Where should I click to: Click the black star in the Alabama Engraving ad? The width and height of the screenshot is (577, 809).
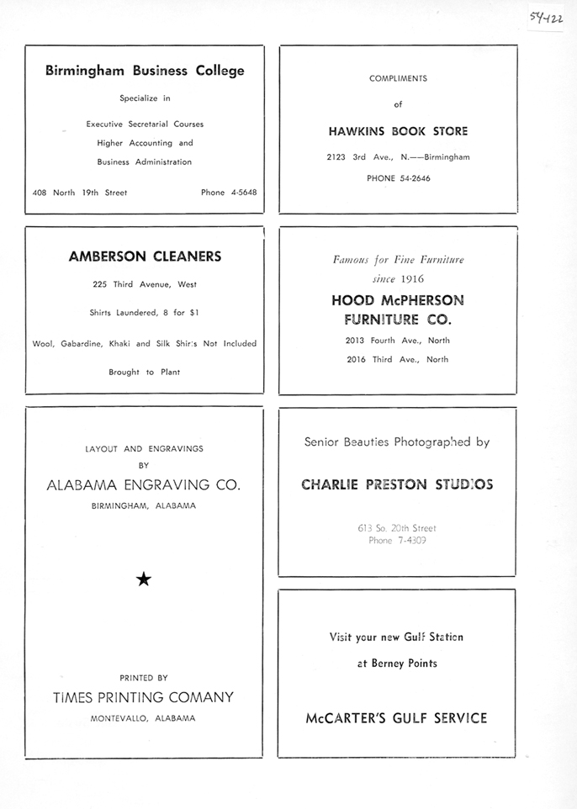[x=144, y=578]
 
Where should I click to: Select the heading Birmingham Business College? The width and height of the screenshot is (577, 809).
[x=145, y=71]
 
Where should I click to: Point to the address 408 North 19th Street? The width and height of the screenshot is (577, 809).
[x=80, y=193]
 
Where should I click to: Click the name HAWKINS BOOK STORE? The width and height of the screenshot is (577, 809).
[x=398, y=131]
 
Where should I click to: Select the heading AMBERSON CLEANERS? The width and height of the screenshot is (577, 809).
[x=145, y=256]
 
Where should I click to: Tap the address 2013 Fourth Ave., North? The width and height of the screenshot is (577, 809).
[x=398, y=341]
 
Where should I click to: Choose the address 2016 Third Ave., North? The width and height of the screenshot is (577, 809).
[x=398, y=360]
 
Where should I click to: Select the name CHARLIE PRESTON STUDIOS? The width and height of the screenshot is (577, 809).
[x=398, y=484]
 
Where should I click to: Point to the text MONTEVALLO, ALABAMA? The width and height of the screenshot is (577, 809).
[x=144, y=719]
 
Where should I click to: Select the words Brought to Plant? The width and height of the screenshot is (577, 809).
[x=144, y=372]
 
